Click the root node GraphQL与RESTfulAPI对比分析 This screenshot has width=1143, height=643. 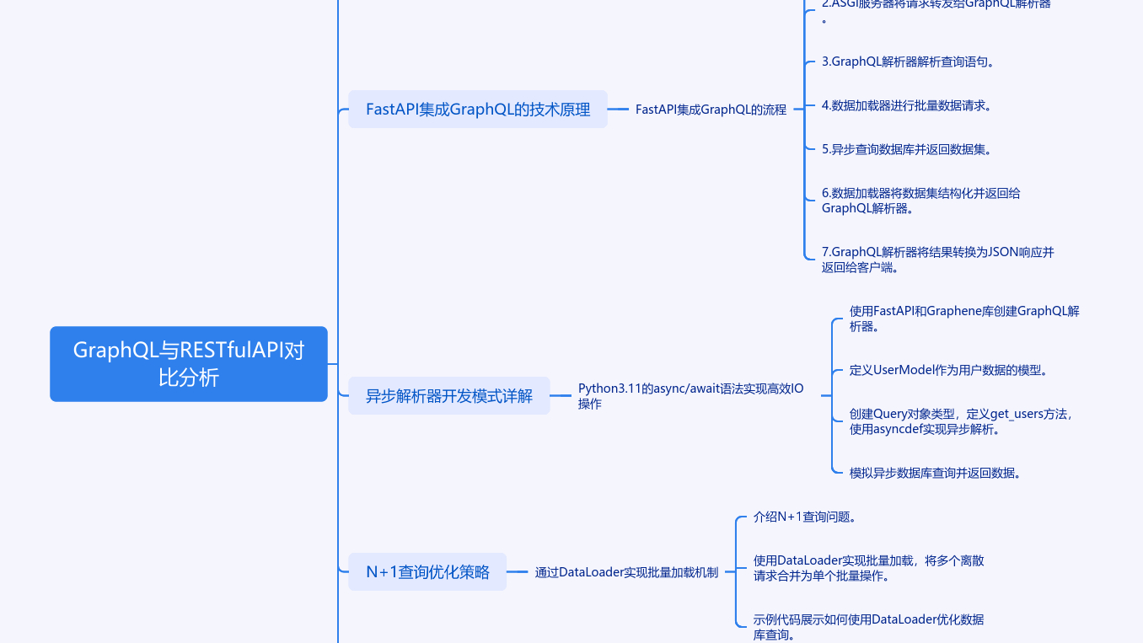pos(188,363)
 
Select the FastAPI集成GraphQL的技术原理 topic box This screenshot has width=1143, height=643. pos(477,109)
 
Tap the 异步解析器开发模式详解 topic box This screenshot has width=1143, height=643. pos(448,395)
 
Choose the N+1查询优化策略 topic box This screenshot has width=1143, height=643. pos(427,571)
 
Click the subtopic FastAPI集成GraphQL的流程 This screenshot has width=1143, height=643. pos(711,110)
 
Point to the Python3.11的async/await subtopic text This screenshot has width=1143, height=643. pos(690,396)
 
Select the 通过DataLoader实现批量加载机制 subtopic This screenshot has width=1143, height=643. pos(626,572)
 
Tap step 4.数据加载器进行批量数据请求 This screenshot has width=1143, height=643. pos(906,105)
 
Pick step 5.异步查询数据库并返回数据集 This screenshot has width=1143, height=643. pos(906,149)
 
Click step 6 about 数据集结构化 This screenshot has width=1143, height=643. pos(920,201)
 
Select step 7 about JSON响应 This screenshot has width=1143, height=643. pos(937,260)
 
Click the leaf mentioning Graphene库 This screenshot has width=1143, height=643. pos(963,319)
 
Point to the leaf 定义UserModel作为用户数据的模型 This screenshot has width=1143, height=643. pos(947,370)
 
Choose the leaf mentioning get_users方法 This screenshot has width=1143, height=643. pos(961,421)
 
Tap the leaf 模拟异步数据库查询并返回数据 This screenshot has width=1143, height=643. pos(936,473)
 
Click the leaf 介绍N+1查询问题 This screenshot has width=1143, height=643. pos(805,517)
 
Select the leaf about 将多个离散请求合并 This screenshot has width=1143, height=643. pos(868,568)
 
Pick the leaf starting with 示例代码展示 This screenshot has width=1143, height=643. pos(868,627)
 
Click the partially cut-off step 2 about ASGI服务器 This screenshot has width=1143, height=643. pos(936,5)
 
